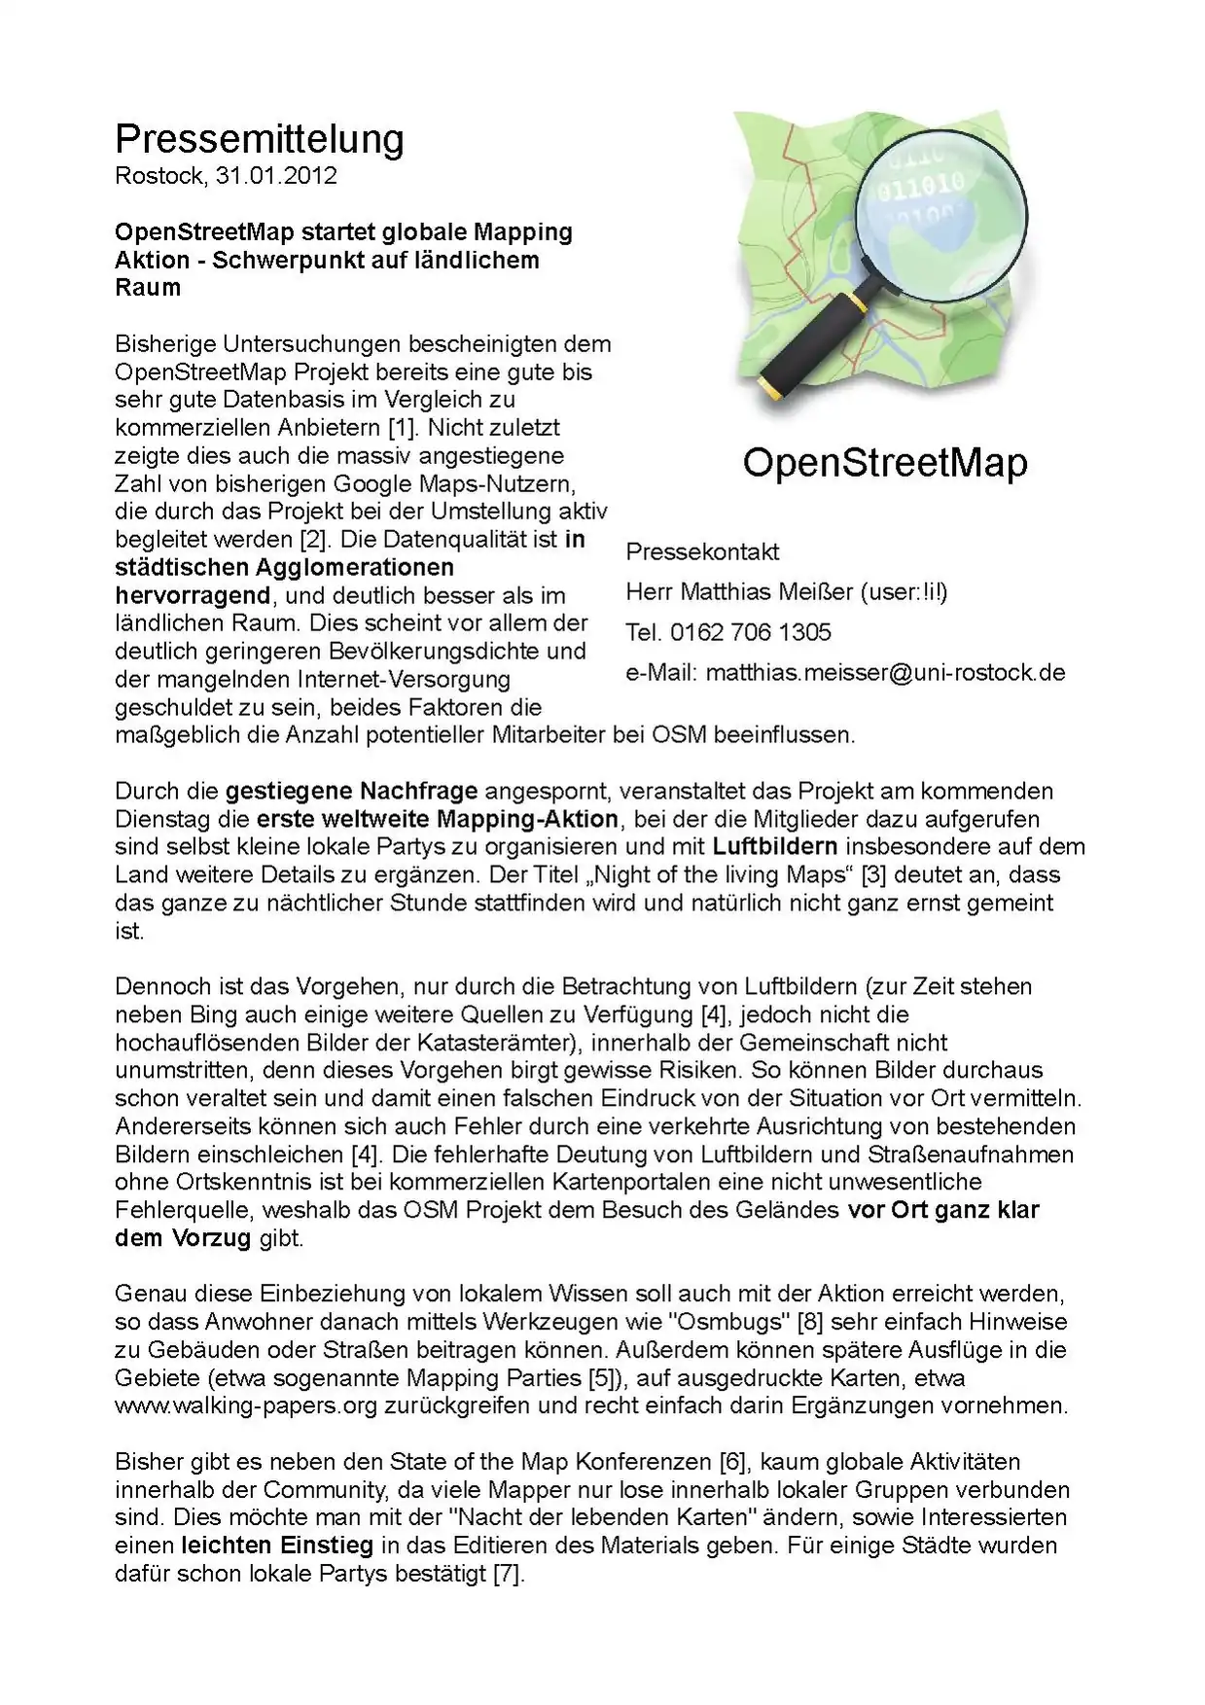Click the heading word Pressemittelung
(x=259, y=139)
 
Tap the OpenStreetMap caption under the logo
(x=884, y=462)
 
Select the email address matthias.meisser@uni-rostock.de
(x=885, y=672)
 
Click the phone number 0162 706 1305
(x=749, y=632)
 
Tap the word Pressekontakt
(x=702, y=551)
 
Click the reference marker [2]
(x=308, y=539)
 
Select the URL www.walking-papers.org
(x=245, y=1405)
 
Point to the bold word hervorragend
(x=193, y=595)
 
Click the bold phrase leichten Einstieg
(x=277, y=1545)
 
